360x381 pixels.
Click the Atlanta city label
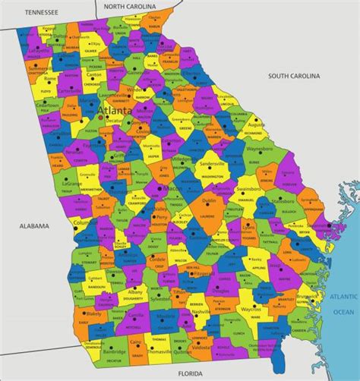click(x=115, y=110)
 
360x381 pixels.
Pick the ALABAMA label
click(x=33, y=225)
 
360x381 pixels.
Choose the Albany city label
click(x=136, y=291)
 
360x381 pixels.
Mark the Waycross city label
click(x=252, y=309)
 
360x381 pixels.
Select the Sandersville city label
click(x=212, y=162)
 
